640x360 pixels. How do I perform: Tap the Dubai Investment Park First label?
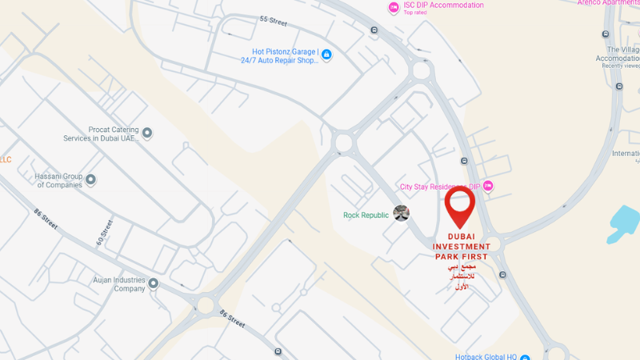[x=462, y=246]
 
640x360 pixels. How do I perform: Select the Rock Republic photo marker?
[x=402, y=214]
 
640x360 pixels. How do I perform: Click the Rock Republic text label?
[x=366, y=215]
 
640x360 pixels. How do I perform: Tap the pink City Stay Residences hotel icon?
[x=488, y=186]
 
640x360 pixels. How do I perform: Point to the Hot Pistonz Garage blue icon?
[x=326, y=55]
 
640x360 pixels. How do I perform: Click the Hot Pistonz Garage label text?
[x=285, y=56]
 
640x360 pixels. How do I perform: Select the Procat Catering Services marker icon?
[x=147, y=133]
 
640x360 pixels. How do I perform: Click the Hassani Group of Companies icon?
[x=90, y=180]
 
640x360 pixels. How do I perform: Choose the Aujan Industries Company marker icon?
[x=153, y=283]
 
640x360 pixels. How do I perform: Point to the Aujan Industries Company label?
[x=118, y=284]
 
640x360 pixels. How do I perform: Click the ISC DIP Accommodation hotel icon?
[x=394, y=7]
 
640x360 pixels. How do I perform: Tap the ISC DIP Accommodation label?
[x=443, y=6]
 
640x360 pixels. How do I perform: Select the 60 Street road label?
[x=104, y=231]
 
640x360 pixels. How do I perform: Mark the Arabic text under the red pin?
[x=462, y=275]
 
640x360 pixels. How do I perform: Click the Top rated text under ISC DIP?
[x=416, y=13]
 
